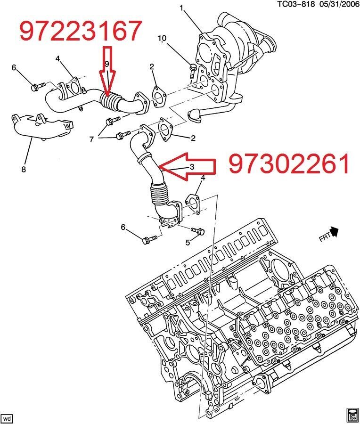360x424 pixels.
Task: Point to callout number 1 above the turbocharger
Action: tap(182, 8)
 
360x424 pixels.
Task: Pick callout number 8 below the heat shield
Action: tap(24, 169)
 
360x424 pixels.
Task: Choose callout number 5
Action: tap(188, 243)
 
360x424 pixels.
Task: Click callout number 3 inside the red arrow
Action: tap(192, 167)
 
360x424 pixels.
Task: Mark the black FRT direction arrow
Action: tap(334, 231)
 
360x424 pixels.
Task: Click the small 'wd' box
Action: tap(8, 418)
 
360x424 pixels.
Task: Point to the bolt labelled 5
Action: tap(198, 231)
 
